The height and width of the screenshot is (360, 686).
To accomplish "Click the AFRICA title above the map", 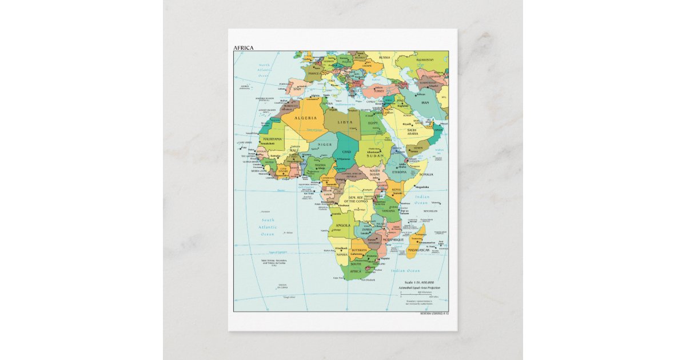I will tap(244, 48).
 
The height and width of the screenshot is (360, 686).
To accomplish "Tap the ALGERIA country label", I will tap(306, 117).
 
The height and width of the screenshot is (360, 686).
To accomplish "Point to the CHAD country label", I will tap(346, 152).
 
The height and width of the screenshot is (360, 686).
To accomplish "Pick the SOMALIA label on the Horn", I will tap(425, 174).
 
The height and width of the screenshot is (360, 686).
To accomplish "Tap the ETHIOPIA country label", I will tap(400, 171).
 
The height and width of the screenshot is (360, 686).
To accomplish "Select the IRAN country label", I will tap(425, 102).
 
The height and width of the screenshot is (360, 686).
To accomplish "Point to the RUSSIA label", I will tap(385, 58).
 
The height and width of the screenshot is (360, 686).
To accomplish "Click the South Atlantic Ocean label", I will tap(267, 227).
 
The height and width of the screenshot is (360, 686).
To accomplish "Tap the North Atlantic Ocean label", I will tap(264, 70).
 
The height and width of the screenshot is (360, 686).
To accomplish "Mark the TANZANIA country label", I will tap(388, 210).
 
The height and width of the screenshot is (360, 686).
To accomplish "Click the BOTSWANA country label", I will tap(358, 250).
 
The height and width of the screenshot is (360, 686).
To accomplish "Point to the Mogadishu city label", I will tap(422, 186).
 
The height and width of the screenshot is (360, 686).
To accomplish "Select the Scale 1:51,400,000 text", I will tap(419, 282).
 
